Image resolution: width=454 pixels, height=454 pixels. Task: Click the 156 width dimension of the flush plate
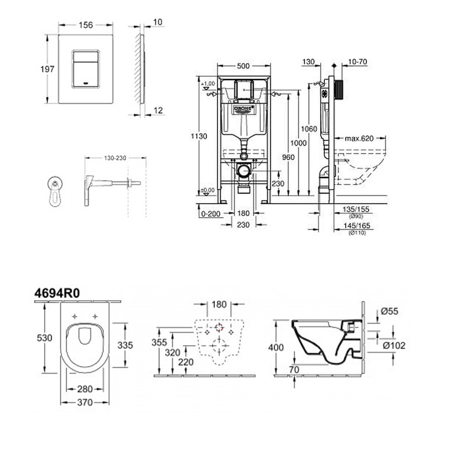tap(86, 25)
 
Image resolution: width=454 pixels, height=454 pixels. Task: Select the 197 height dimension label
tap(47, 69)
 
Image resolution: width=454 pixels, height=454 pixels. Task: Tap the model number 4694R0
tap(57, 293)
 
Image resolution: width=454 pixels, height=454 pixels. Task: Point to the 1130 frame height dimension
tap(199, 136)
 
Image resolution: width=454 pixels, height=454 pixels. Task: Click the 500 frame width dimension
tap(244, 66)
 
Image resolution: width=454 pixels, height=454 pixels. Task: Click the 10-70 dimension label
tap(357, 62)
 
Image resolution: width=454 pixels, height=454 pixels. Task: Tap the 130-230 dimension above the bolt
tap(115, 158)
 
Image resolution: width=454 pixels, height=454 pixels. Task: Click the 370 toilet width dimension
tap(85, 402)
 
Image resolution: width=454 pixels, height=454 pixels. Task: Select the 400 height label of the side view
tap(276, 347)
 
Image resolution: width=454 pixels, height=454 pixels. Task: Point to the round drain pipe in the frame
tap(244, 171)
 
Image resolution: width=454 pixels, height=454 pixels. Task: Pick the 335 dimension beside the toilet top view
tap(125, 345)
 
